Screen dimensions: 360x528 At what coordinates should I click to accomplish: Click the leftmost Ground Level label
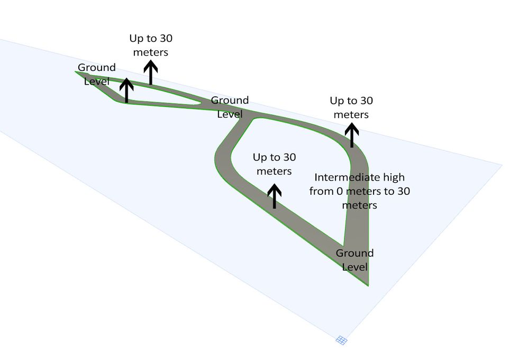[x=97, y=74]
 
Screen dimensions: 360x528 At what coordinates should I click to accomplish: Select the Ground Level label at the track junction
[x=230, y=106]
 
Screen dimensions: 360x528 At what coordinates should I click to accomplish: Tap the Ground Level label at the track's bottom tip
[x=354, y=259]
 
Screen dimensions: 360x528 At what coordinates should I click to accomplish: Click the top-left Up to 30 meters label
[x=151, y=45]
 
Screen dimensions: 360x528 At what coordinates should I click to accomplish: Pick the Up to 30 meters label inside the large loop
[x=274, y=164]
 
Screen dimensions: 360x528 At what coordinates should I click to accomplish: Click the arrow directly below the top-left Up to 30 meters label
[x=151, y=73]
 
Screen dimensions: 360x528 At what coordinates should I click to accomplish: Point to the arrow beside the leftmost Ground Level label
[x=126, y=90]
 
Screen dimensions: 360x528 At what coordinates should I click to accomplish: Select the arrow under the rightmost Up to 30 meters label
[x=352, y=136]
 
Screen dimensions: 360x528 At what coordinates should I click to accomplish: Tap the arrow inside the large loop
[x=274, y=196]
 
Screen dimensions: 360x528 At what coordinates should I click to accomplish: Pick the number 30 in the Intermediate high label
[x=403, y=191]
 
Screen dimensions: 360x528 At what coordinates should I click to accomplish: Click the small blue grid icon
[x=341, y=340]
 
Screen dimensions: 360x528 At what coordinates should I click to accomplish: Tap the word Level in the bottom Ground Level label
[x=354, y=266]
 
